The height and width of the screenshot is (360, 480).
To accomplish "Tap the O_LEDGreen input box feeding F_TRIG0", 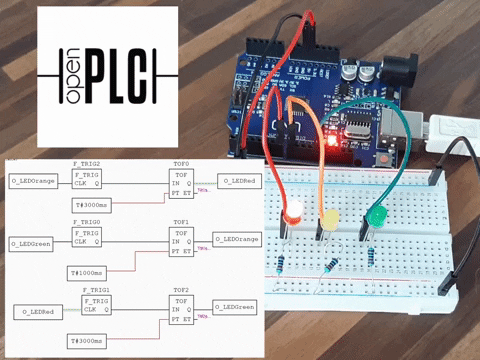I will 32,243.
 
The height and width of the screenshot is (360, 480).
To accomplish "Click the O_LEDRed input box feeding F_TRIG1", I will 37,311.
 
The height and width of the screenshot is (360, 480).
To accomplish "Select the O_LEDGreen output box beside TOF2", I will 236,306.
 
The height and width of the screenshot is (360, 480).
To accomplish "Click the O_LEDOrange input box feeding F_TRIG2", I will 32,181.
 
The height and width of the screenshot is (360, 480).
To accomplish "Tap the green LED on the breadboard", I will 375,217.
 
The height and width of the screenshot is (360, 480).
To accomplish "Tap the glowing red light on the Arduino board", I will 330,142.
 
